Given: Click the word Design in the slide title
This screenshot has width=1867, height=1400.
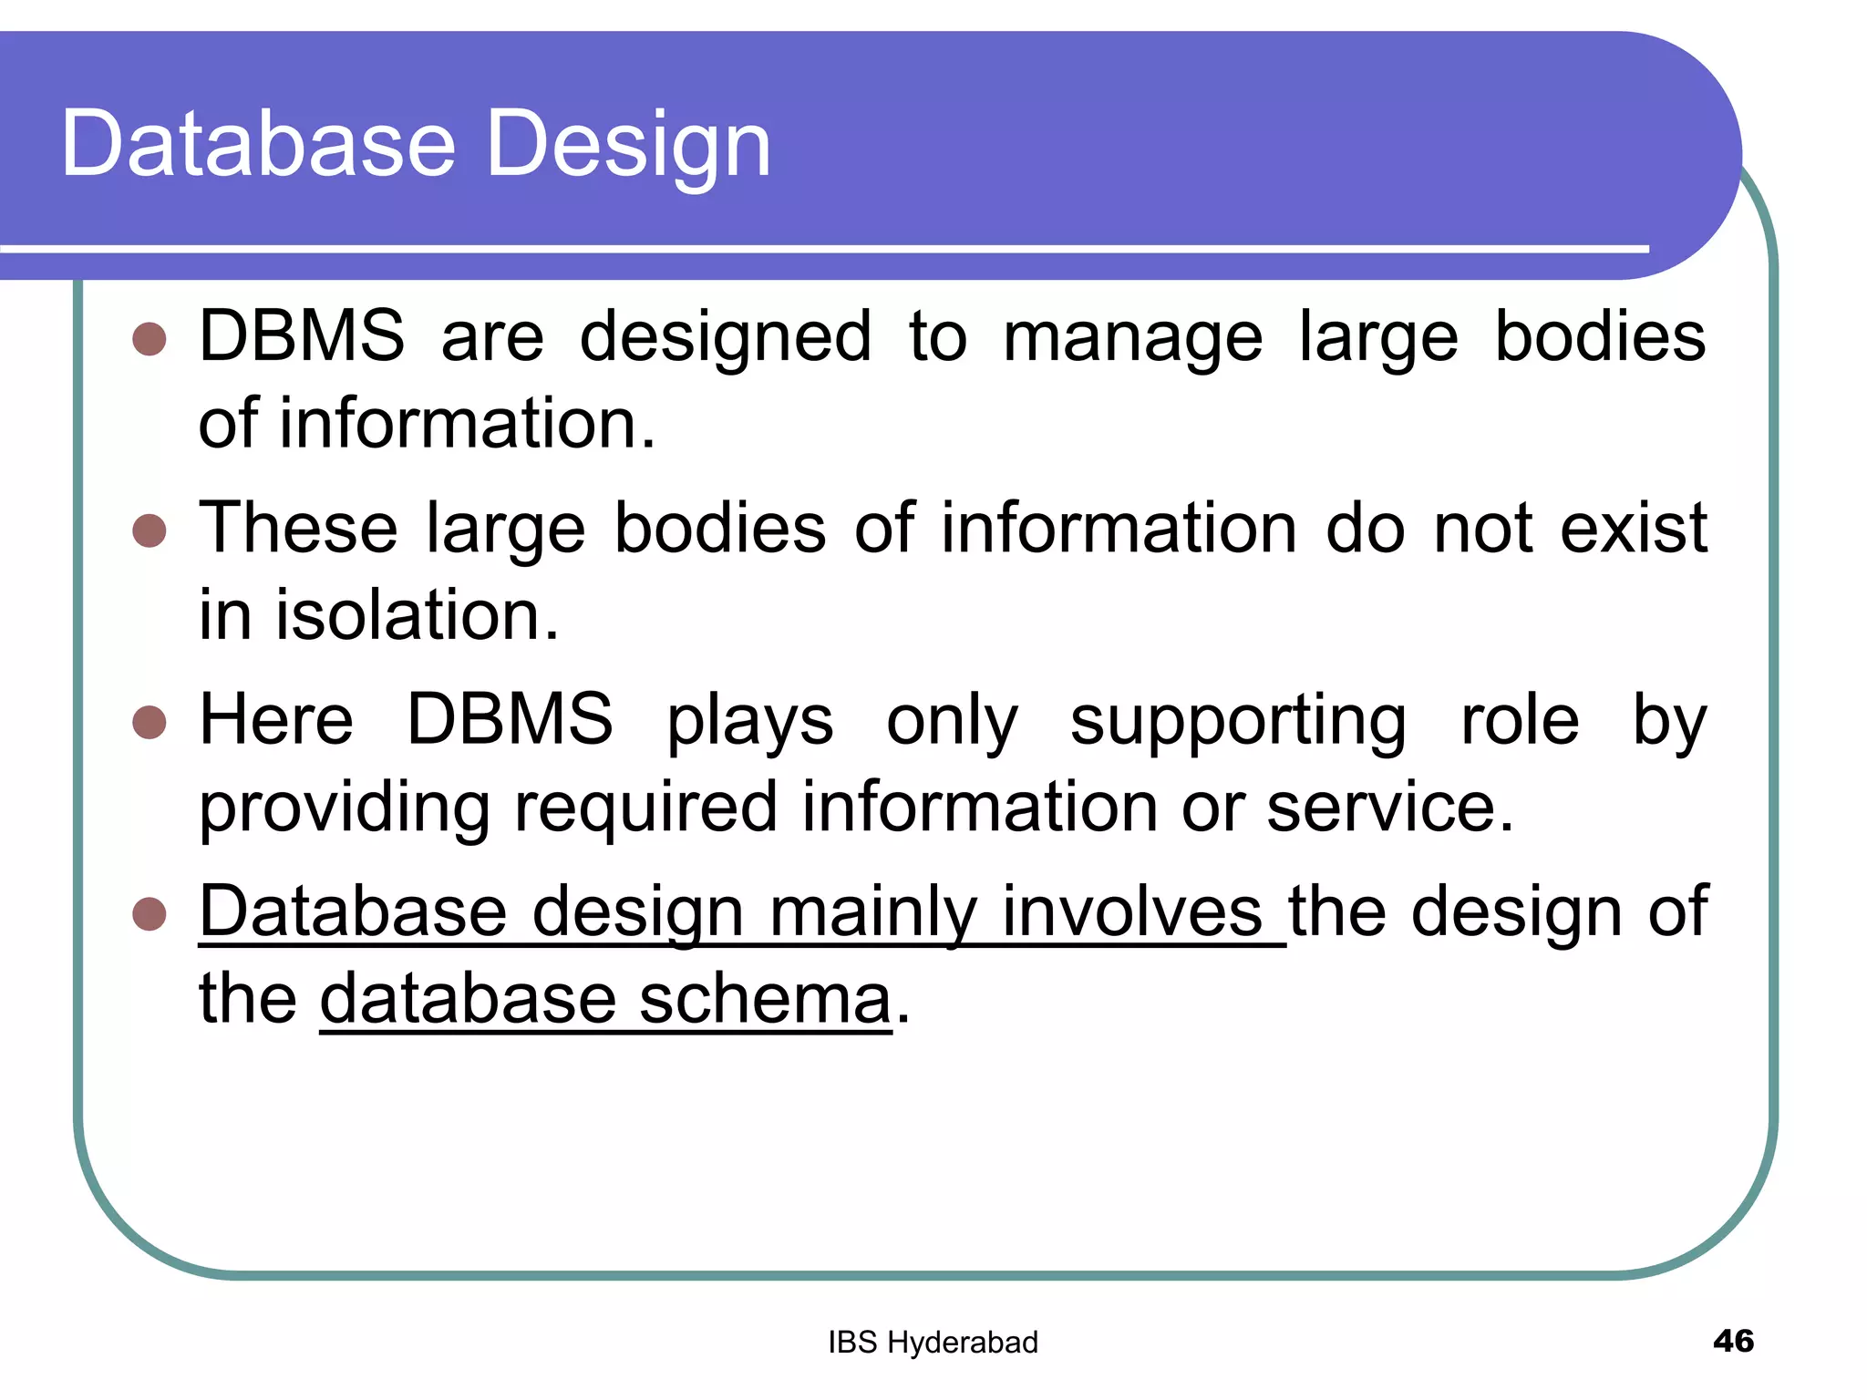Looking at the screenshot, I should click(x=629, y=144).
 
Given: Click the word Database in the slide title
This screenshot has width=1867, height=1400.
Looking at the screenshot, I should click(x=258, y=144).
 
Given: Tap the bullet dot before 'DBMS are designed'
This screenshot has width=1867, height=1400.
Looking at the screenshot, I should click(x=150, y=338).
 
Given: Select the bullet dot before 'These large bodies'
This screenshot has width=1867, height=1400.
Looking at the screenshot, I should click(x=150, y=530).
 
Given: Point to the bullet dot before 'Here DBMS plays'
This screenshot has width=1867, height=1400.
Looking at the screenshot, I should click(x=150, y=722).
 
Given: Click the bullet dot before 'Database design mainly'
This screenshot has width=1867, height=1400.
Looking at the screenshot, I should click(x=150, y=913).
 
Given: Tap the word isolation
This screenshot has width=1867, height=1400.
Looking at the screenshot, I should click(x=417, y=615).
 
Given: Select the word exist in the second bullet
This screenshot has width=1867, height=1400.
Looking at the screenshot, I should click(x=1633, y=529).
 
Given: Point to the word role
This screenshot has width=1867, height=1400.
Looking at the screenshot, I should click(x=1520, y=720).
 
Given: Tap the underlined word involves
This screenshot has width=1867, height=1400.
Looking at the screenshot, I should click(x=1131, y=911).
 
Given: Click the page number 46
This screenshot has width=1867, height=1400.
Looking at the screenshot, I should click(x=1733, y=1341).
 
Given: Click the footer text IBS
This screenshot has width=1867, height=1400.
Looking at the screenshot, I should click(x=852, y=1343).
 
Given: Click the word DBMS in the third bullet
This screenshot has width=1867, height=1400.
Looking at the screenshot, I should click(x=510, y=720).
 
